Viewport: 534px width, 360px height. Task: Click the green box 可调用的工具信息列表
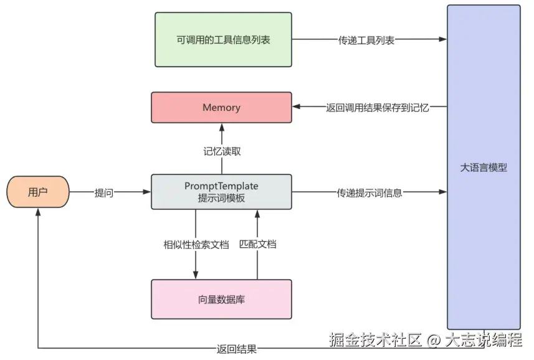(x=223, y=39)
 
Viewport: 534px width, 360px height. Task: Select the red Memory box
(x=221, y=107)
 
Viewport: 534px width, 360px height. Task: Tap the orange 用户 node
(x=38, y=192)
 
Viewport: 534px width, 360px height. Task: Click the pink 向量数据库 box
(x=221, y=300)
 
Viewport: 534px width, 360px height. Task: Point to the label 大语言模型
(x=484, y=168)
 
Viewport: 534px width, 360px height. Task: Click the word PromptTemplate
(x=221, y=186)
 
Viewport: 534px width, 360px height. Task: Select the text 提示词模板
(x=221, y=198)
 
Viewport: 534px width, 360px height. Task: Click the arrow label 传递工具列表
(x=366, y=40)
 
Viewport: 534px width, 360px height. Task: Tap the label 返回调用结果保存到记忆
(x=369, y=107)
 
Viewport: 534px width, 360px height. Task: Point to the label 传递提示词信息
(x=370, y=192)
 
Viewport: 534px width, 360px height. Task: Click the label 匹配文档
(x=257, y=244)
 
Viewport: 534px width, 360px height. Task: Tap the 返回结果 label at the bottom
(x=237, y=349)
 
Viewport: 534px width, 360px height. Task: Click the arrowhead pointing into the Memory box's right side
(x=297, y=107)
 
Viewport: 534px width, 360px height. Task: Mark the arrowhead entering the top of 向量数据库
(x=196, y=275)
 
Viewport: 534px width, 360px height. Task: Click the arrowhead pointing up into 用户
(x=38, y=212)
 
